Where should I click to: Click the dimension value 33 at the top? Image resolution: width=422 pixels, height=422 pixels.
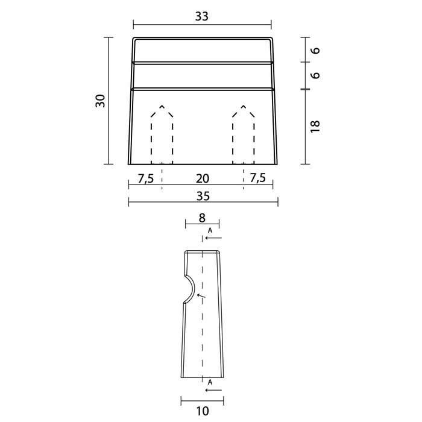point(201,17)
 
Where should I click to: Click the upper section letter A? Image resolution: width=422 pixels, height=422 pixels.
point(209,230)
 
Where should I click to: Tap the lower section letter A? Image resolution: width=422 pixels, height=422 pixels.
point(209,383)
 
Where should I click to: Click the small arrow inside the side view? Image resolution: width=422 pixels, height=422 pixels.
point(201,296)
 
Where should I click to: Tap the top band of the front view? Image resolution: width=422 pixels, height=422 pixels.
point(202,50)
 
